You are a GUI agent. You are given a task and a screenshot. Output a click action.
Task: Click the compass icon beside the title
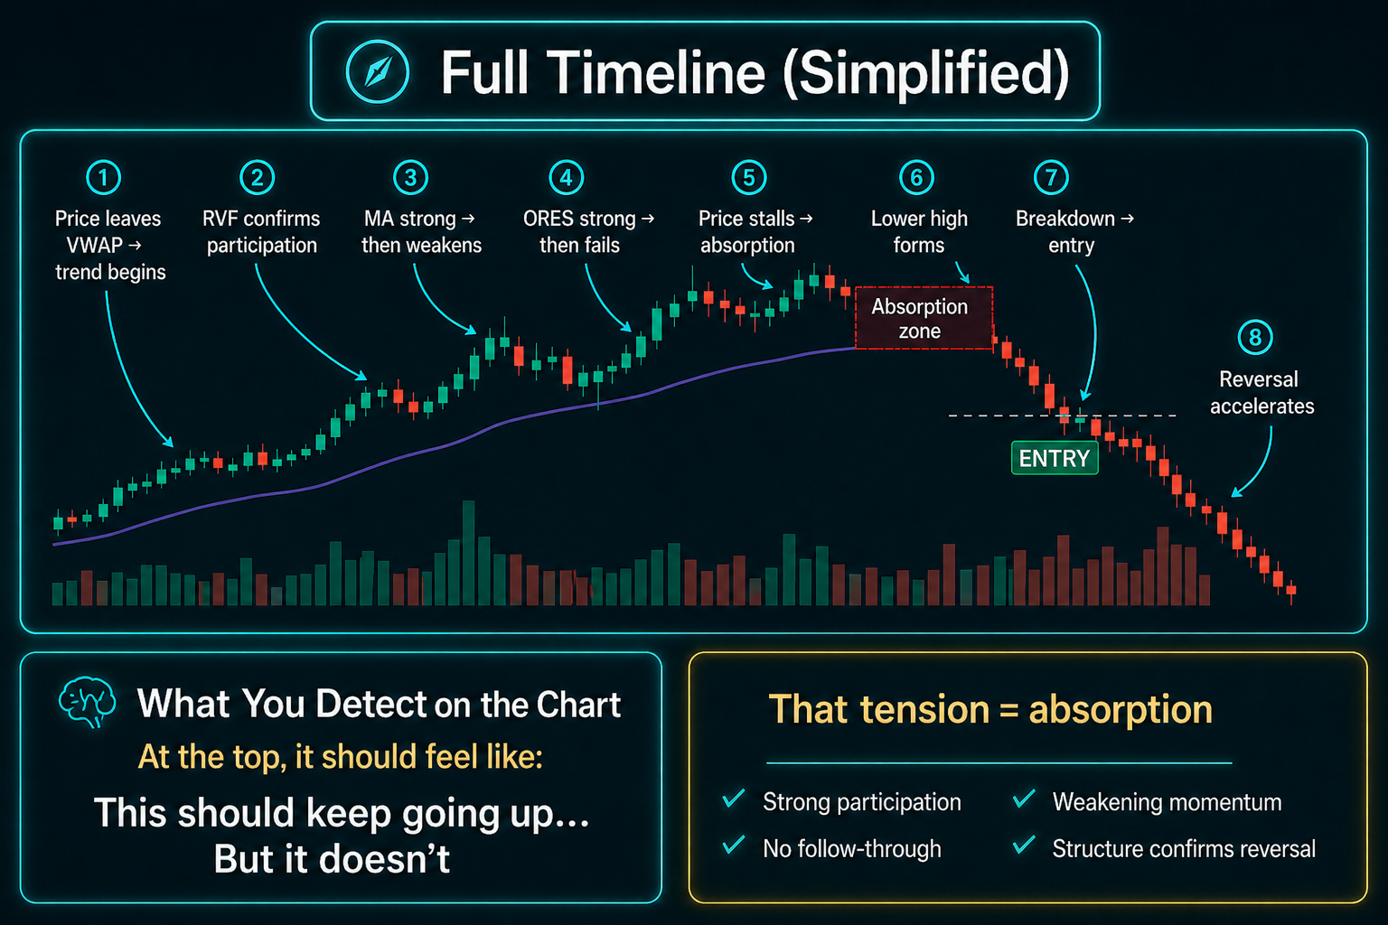click(x=378, y=71)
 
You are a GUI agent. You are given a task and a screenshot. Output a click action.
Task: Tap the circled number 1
click(x=104, y=178)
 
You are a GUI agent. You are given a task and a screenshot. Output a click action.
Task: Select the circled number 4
click(x=567, y=178)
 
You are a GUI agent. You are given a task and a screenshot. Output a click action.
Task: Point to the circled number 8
click(x=1255, y=338)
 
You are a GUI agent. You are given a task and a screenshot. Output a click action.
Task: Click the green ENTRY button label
click(x=1055, y=458)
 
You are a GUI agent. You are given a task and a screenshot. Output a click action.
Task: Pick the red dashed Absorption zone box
click(x=924, y=318)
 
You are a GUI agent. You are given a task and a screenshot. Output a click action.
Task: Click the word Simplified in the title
click(x=927, y=74)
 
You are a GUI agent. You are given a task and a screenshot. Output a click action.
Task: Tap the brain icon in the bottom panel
click(x=88, y=701)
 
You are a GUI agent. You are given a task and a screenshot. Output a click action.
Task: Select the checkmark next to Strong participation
click(x=734, y=798)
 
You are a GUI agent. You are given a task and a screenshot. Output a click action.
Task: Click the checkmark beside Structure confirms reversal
click(x=1024, y=845)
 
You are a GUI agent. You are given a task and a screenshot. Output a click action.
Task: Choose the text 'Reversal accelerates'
click(x=1261, y=392)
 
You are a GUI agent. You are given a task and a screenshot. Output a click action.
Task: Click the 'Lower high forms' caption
click(x=919, y=232)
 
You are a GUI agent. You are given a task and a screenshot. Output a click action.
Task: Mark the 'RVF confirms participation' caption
click(x=261, y=232)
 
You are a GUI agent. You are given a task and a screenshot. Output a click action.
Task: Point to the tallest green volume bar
click(x=468, y=553)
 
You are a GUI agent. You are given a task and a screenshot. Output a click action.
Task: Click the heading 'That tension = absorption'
click(x=990, y=709)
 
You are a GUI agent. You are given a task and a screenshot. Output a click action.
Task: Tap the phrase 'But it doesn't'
click(x=332, y=859)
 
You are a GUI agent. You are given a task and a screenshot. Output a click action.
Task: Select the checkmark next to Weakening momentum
click(x=1024, y=798)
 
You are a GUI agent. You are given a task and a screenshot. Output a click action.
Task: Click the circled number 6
click(x=916, y=178)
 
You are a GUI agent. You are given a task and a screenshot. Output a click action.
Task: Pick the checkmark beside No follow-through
click(x=734, y=845)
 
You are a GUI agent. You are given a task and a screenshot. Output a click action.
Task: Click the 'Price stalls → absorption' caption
click(x=755, y=232)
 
